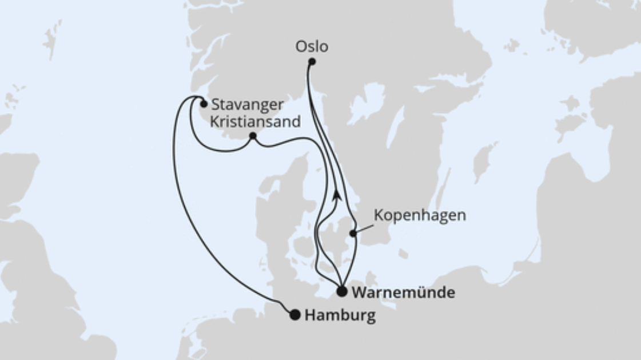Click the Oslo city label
click(x=312, y=47)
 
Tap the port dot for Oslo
click(x=312, y=62)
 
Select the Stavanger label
click(x=247, y=105)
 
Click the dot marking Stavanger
click(x=204, y=104)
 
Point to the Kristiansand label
click(x=255, y=122)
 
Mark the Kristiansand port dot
click(x=253, y=136)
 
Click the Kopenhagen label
click(x=420, y=215)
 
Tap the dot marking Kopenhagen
click(x=353, y=233)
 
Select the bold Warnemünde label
click(x=403, y=293)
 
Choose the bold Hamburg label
click(x=340, y=315)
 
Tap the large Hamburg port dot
click(x=294, y=315)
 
